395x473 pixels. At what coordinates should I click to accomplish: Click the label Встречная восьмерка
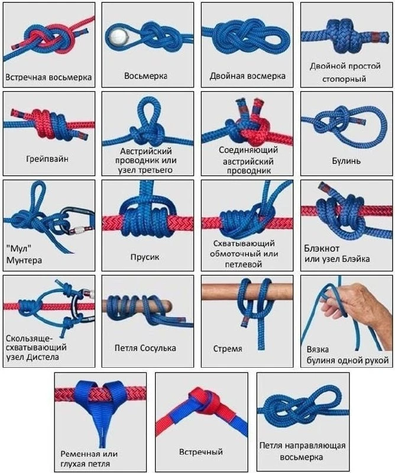coord(48,77)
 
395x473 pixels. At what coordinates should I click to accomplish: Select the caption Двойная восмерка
coord(247,76)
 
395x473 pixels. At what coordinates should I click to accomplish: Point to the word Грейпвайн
coord(47,158)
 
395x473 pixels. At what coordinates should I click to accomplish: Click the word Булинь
coord(347,161)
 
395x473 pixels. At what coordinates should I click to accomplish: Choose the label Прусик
coord(145,257)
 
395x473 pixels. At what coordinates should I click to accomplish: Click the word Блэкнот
coord(322,248)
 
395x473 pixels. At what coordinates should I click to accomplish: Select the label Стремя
coord(228,349)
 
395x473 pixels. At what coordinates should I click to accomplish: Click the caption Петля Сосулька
coord(145,348)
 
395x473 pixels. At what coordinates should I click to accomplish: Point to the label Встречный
coord(201,452)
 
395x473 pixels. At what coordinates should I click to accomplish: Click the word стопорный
coord(344,79)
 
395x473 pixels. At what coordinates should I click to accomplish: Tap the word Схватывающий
coord(244,243)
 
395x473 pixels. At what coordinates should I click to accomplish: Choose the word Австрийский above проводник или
coord(146,151)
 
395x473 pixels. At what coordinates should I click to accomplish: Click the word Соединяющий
coord(248,150)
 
